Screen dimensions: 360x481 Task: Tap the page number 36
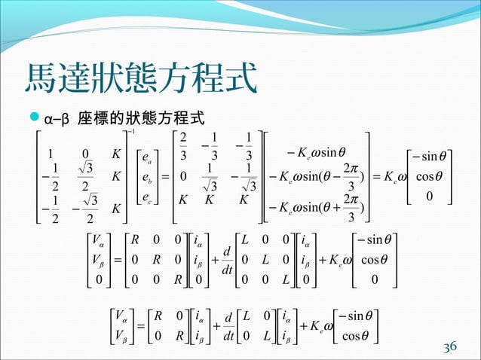click(x=449, y=346)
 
